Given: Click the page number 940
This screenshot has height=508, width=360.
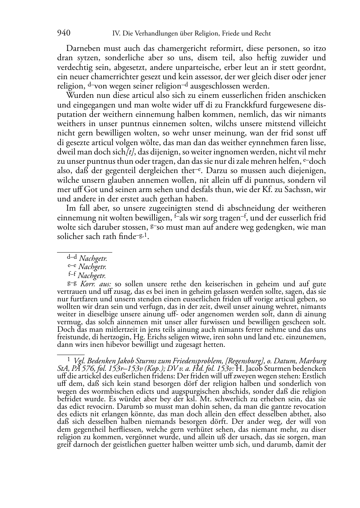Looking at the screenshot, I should (63, 33).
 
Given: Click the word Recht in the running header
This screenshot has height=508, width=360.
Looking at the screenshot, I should (263, 34).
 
